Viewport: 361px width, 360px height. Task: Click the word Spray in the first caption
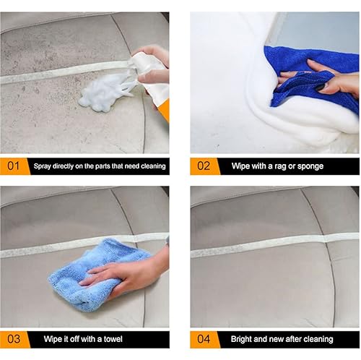[x=43, y=166]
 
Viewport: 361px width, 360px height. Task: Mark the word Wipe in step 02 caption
[x=241, y=166]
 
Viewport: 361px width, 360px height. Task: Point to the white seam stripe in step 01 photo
[x=58, y=73]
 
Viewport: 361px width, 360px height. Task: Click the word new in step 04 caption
[x=280, y=339]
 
